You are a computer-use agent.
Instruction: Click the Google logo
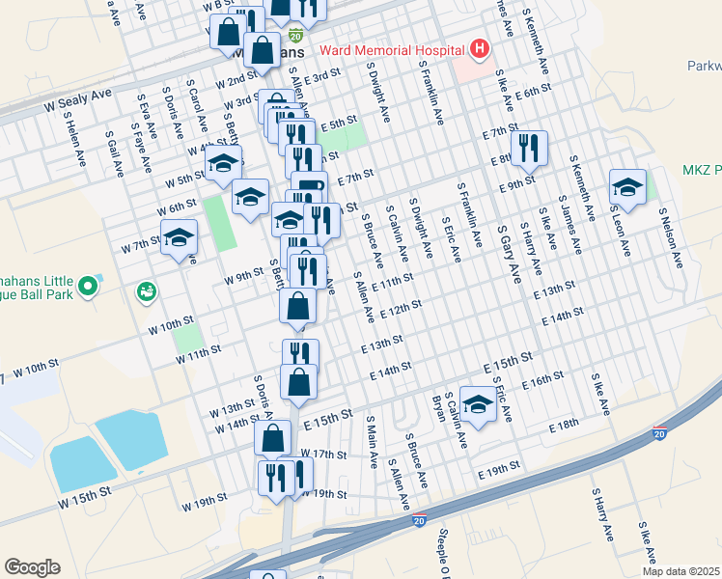32,566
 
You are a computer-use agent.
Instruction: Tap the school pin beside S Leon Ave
627,186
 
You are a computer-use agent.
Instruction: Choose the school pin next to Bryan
477,404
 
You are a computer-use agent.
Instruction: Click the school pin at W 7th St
179,237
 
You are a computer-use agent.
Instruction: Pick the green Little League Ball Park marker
89,286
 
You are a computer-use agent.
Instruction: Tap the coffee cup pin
309,187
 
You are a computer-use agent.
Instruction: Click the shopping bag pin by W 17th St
272,436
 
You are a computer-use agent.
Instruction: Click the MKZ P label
702,170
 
